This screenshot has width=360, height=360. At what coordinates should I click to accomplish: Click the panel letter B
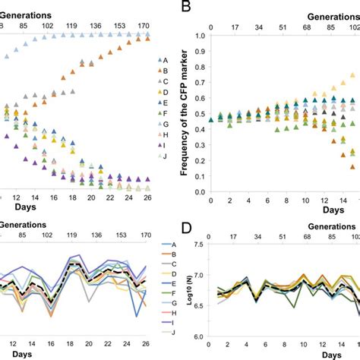(x=185, y=8)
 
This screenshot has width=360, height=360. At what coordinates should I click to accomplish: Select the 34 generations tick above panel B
(x=260, y=27)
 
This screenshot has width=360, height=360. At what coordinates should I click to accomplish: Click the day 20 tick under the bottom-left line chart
(x=91, y=341)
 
